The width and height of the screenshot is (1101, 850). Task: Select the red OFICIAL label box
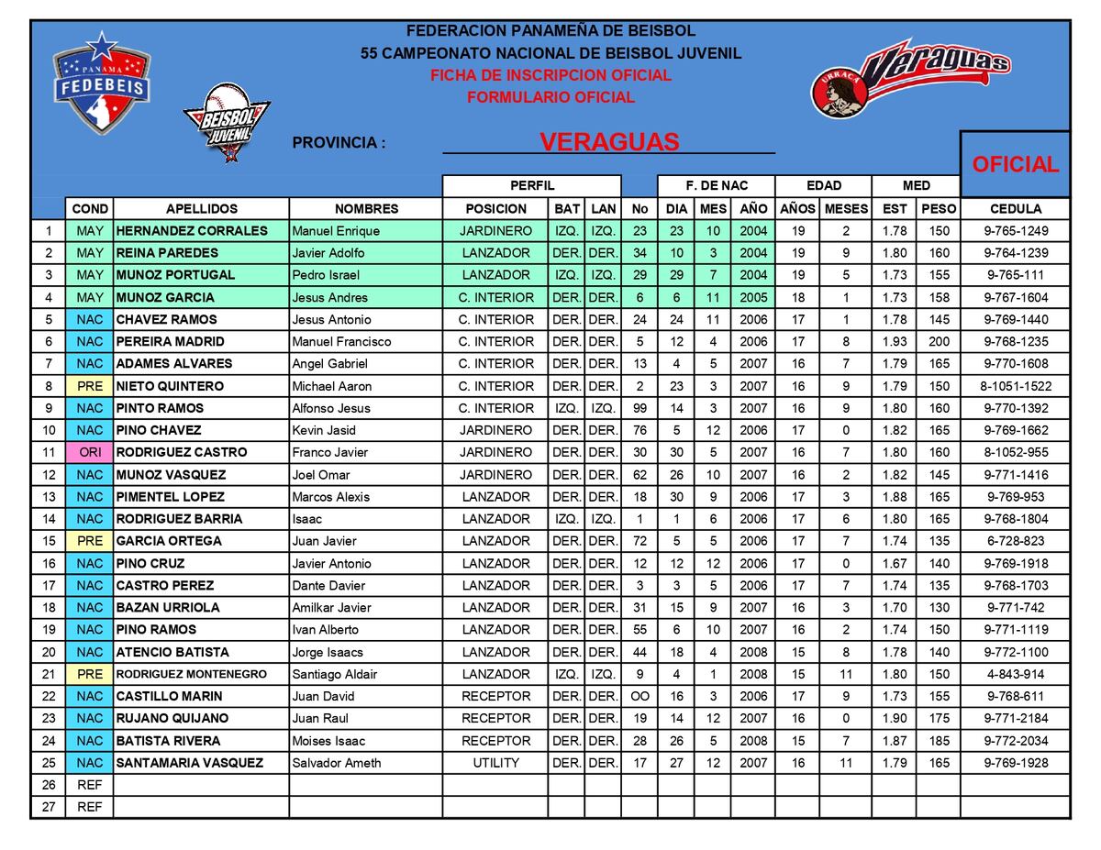[x=1015, y=164]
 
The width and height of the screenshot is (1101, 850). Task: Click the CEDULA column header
[x=1015, y=209]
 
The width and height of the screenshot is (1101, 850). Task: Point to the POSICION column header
[x=495, y=209]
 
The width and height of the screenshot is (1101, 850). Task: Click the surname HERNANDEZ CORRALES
[x=192, y=231]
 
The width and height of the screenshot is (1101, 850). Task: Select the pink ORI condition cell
[x=90, y=452]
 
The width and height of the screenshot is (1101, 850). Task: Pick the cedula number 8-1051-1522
[x=1015, y=386]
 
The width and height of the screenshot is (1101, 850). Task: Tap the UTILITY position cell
[x=495, y=763]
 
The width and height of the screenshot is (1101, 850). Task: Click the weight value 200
[x=939, y=341]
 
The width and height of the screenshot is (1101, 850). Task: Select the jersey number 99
[x=639, y=408]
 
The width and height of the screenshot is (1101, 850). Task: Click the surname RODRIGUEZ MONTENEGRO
[x=191, y=674]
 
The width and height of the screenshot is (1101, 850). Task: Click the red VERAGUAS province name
[x=609, y=142]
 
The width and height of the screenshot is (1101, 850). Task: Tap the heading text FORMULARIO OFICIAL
[x=550, y=97]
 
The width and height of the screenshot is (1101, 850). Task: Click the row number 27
[x=49, y=807]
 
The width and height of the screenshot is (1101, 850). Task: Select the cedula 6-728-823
[x=1015, y=541]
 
